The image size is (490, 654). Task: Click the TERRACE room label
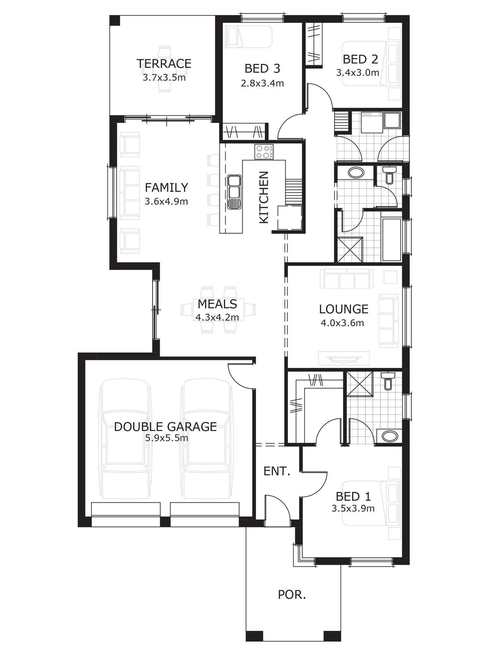(164, 63)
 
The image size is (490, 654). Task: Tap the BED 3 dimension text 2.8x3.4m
(262, 83)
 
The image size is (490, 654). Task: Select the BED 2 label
(360, 59)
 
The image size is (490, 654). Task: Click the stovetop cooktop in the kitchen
(264, 152)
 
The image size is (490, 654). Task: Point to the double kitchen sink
(235, 192)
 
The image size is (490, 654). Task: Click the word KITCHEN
(264, 197)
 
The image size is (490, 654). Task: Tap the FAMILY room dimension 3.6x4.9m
(166, 201)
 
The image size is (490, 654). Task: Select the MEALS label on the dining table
(217, 304)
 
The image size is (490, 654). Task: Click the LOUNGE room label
(344, 309)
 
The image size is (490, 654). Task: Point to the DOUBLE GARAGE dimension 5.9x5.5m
(167, 438)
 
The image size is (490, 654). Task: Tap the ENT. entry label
(277, 471)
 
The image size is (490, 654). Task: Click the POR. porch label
(292, 595)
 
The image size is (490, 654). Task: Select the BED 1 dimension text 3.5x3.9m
(353, 508)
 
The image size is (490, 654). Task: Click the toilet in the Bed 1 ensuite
(388, 381)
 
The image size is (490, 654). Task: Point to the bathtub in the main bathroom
(391, 240)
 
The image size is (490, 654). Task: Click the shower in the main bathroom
(350, 250)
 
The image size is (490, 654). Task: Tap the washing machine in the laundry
(372, 122)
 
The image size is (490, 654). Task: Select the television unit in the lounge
(344, 358)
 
